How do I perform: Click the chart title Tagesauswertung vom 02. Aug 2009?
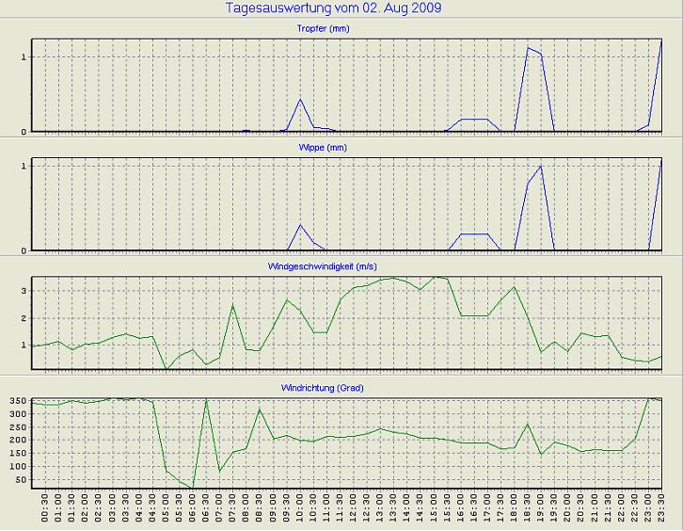(333, 8)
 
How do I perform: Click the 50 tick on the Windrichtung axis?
(22, 480)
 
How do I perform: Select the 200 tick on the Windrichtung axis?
(18, 441)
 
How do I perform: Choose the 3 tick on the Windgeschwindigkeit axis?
(24, 291)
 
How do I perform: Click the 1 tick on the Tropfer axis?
(24, 56)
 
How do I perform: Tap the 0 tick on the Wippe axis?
(24, 250)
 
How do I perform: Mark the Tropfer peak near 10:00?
(300, 99)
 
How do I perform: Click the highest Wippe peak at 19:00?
(541, 166)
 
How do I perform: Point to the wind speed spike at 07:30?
(232, 305)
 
